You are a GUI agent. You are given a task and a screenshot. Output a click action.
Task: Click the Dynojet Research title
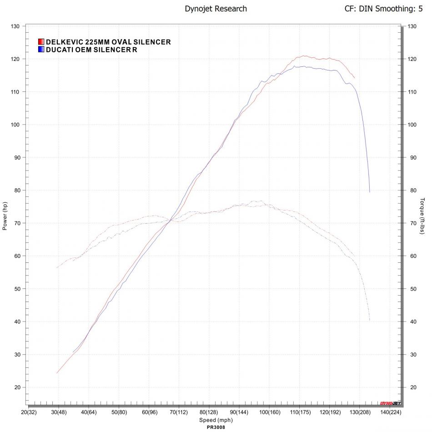(216, 9)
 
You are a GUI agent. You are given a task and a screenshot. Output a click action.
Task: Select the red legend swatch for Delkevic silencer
(41, 42)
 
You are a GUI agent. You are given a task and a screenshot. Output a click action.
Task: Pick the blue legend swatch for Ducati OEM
(41, 50)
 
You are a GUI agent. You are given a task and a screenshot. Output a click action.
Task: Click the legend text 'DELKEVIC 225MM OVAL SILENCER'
(108, 42)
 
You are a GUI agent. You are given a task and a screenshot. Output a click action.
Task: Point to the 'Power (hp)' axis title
(5, 216)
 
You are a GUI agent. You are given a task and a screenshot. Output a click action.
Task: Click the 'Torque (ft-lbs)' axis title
(422, 216)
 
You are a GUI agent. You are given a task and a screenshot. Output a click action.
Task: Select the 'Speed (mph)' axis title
(216, 420)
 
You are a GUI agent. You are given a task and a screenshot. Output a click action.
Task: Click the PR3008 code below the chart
(216, 427)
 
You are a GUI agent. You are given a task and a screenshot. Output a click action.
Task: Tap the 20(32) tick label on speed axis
(29, 412)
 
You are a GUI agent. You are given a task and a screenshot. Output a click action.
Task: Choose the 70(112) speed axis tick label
(179, 412)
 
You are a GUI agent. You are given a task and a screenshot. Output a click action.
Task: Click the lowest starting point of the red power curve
(57, 373)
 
